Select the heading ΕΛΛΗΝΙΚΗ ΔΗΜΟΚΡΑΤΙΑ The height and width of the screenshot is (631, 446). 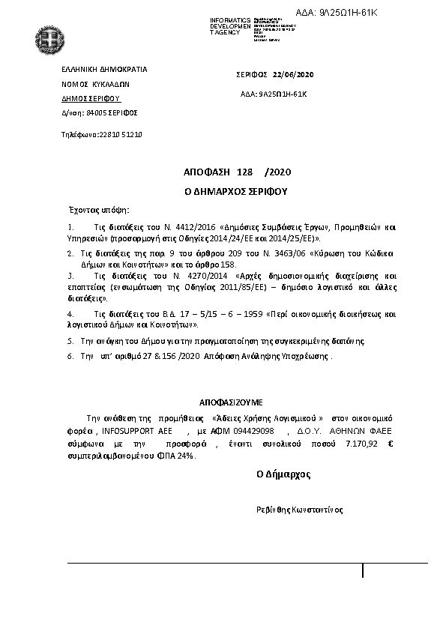(104, 69)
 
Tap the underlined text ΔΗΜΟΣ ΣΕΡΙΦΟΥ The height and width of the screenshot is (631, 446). (91, 98)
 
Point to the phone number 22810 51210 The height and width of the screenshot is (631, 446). (121, 134)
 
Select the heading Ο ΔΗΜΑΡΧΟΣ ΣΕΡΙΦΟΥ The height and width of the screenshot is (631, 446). (236, 191)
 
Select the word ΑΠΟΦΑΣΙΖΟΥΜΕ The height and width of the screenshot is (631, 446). (231, 402)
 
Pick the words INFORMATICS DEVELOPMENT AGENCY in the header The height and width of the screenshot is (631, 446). (229, 24)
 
